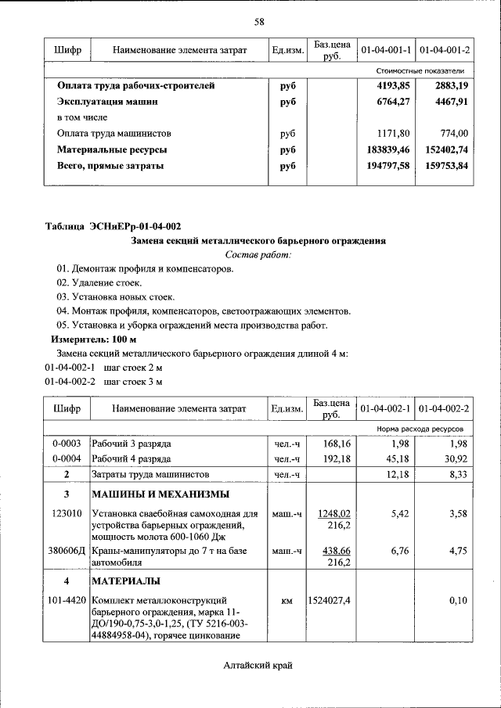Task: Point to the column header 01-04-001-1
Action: [385, 51]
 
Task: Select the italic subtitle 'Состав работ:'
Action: [258, 255]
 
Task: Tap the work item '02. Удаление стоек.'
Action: [96, 283]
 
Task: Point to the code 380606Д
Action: [67, 552]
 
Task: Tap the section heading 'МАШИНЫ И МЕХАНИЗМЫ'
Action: [160, 494]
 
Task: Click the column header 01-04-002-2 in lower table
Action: [444, 409]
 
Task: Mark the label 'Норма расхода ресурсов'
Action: [424, 429]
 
